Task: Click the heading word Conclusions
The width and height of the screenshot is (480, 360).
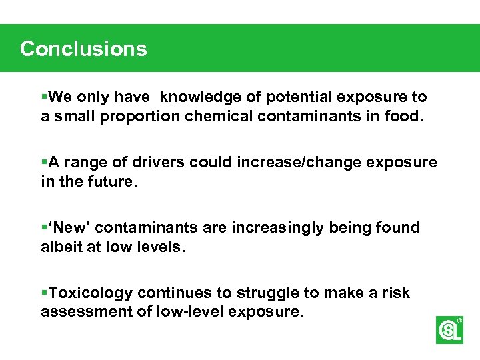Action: tap(83, 49)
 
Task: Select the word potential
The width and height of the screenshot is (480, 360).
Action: tap(299, 97)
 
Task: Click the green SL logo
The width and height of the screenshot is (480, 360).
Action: tap(449, 330)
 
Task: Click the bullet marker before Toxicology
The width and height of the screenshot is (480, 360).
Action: tap(45, 293)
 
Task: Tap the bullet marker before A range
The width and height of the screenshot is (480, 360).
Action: tap(45, 163)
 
